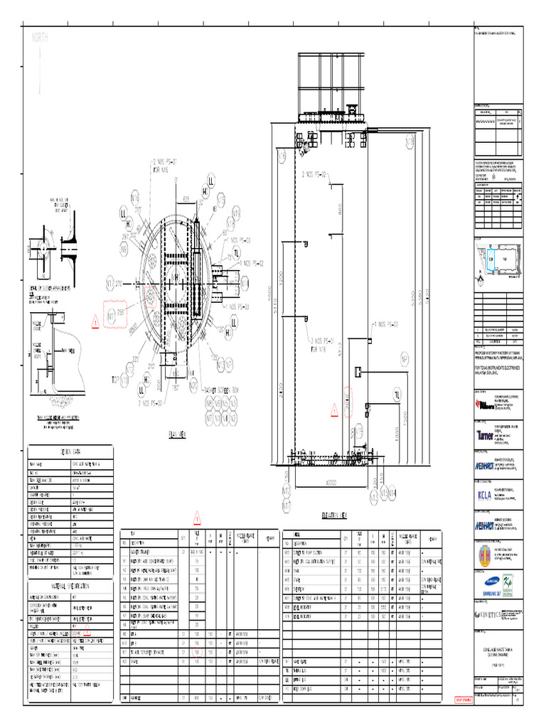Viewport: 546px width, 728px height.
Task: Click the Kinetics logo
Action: pyautogui.click(x=488, y=614)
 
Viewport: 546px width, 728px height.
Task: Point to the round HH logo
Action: pyautogui.click(x=486, y=554)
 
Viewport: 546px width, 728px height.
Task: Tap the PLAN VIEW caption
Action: pyautogui.click(x=177, y=436)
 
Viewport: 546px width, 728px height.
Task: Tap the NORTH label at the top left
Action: pyautogui.click(x=39, y=40)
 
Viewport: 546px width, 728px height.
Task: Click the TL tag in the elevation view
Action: pyautogui.click(x=397, y=395)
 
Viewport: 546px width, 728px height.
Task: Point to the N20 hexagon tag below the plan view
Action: pyautogui.click(x=194, y=385)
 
